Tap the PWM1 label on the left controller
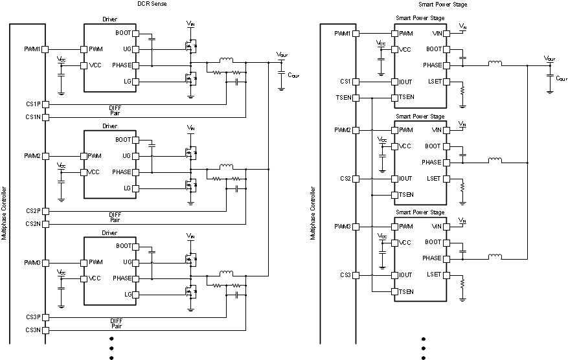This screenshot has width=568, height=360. coord(32,49)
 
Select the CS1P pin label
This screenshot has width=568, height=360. coord(33,104)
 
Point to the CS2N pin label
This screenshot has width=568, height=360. coord(33,224)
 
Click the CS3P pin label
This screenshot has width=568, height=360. coord(33,317)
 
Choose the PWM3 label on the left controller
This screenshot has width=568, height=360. coord(32,263)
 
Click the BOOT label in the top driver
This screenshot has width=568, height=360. coord(123,33)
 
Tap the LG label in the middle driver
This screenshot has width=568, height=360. coord(126,188)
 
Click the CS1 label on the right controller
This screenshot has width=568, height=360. coord(345,82)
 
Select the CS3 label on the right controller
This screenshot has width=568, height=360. coord(345,275)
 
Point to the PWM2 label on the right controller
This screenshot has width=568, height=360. coord(343,130)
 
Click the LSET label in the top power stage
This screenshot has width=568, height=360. coord(434,82)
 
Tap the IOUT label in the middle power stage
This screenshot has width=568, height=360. coord(406,179)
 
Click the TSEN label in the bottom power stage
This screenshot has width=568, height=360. coord(407,291)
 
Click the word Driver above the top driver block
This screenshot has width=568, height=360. coord(109,20)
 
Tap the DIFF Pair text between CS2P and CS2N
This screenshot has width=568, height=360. coord(115,218)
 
